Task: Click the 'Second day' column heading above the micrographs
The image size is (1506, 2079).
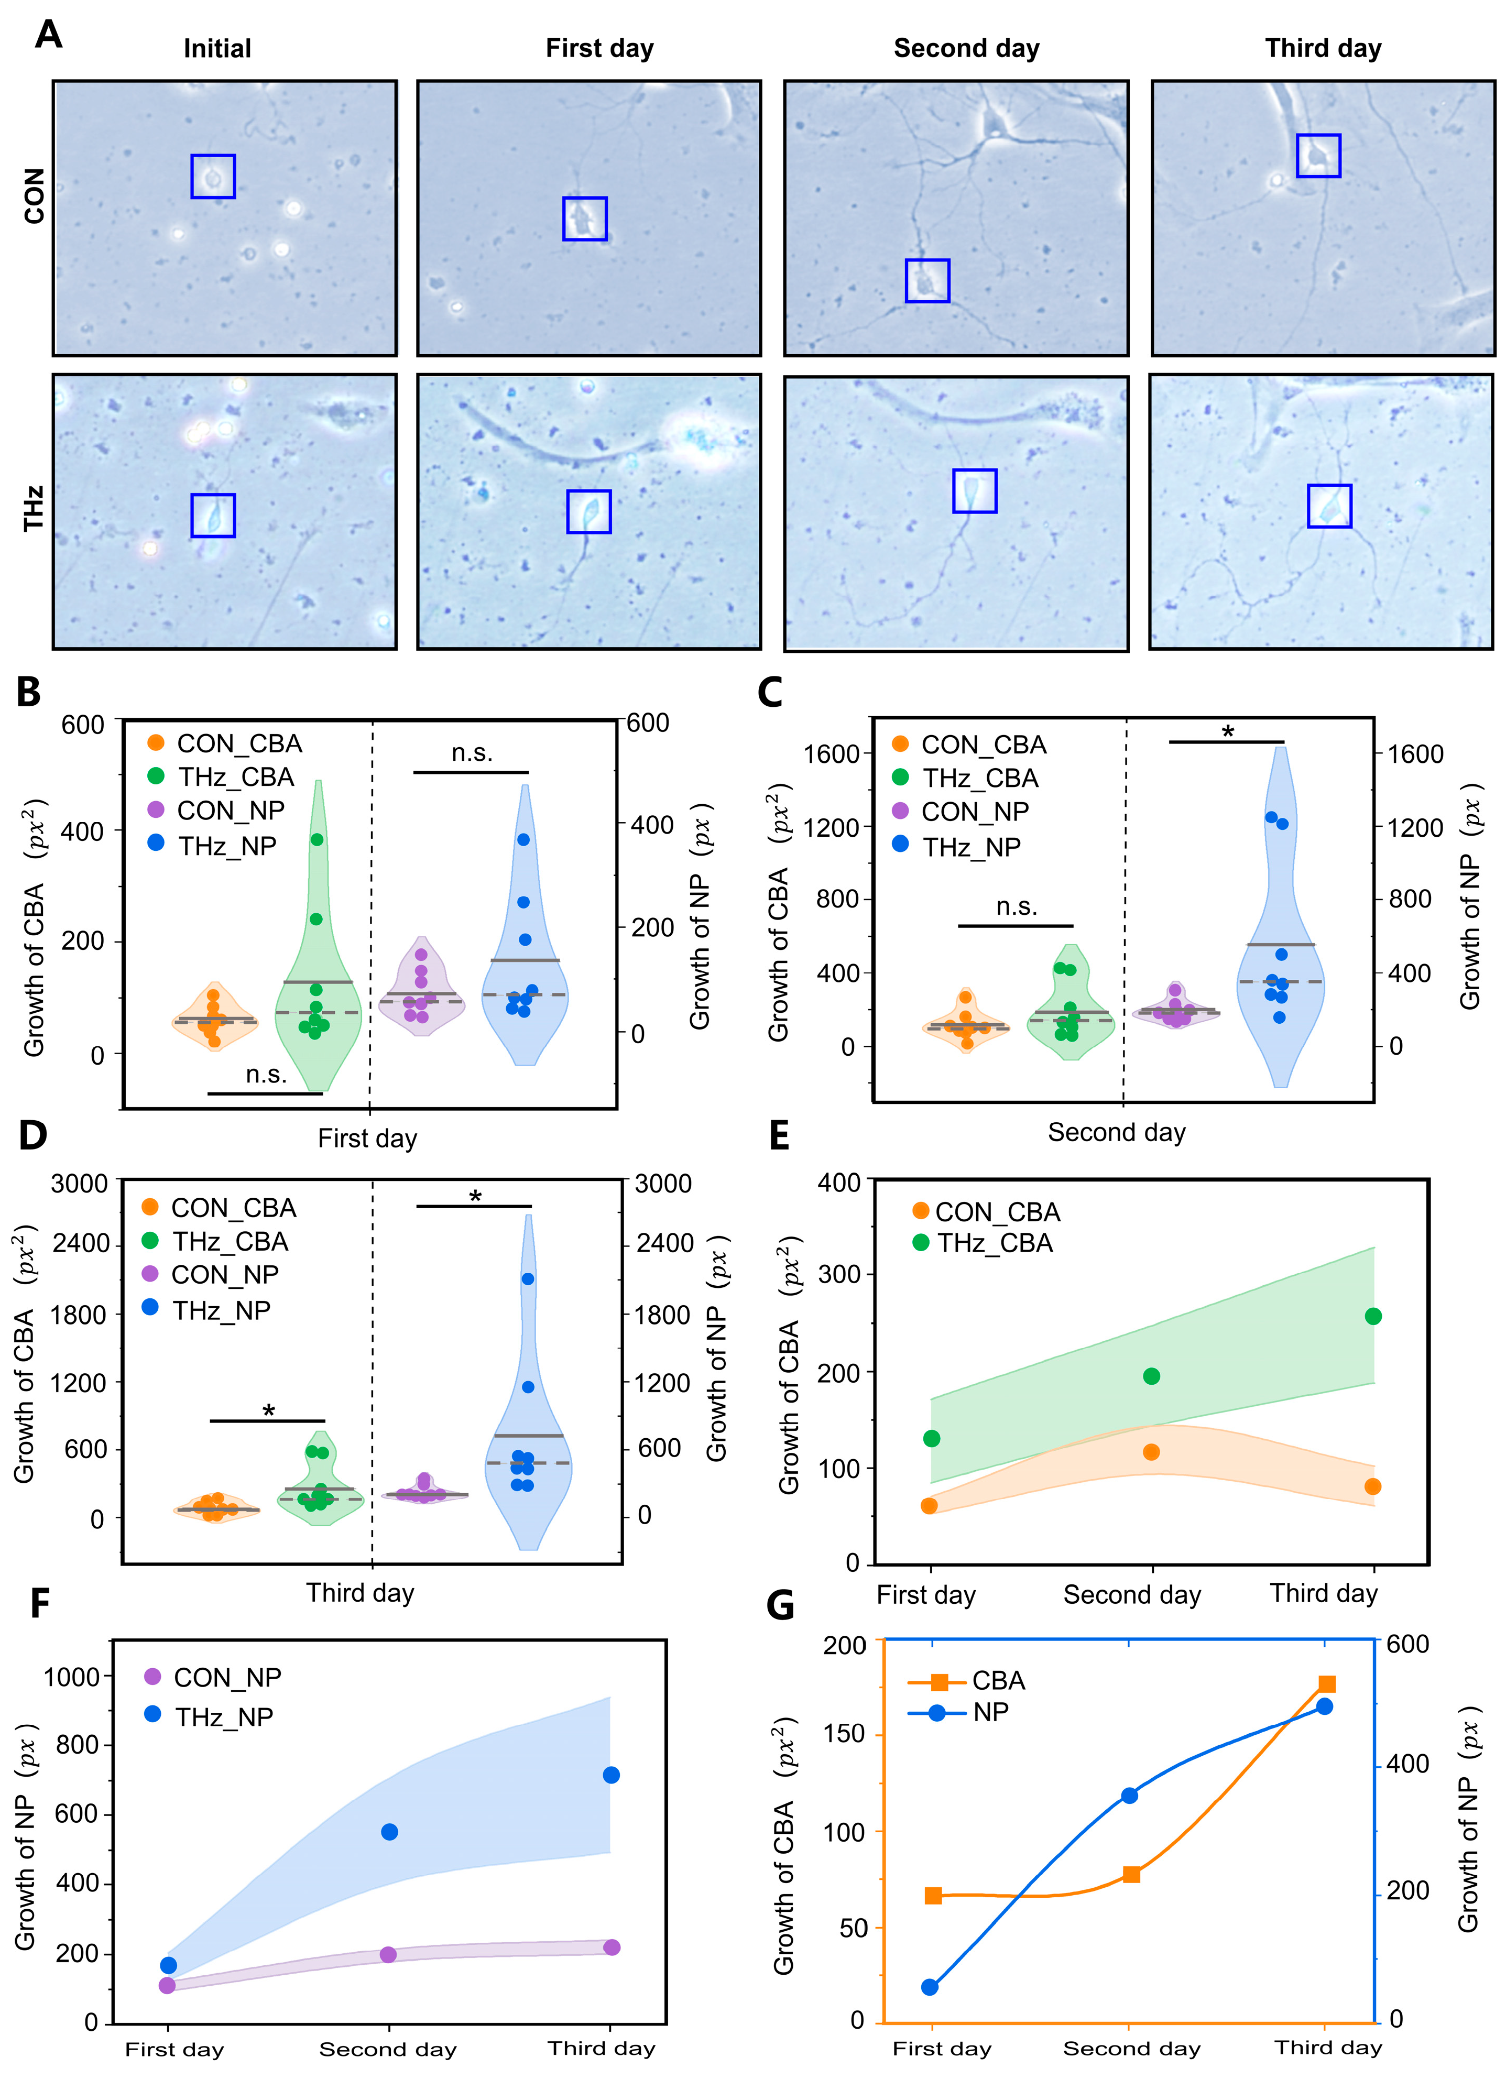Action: [x=966, y=49]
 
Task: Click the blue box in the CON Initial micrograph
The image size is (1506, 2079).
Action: [x=213, y=176]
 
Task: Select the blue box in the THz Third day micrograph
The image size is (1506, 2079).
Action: [x=1328, y=506]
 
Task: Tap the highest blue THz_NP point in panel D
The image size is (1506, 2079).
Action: [x=527, y=1279]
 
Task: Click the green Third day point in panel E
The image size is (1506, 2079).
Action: [x=1372, y=1316]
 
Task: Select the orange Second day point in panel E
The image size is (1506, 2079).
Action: [x=1151, y=1452]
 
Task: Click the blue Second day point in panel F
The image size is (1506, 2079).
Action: [x=389, y=1832]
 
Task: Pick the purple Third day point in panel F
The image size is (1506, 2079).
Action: [x=612, y=1947]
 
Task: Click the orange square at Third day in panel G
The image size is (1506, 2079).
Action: [x=1326, y=1684]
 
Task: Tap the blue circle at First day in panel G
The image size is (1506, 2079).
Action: [x=930, y=1986]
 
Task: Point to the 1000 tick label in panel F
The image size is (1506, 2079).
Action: [x=71, y=1677]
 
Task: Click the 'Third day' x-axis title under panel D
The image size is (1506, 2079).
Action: [x=360, y=1592]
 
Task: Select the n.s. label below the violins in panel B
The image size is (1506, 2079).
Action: [x=266, y=1074]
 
